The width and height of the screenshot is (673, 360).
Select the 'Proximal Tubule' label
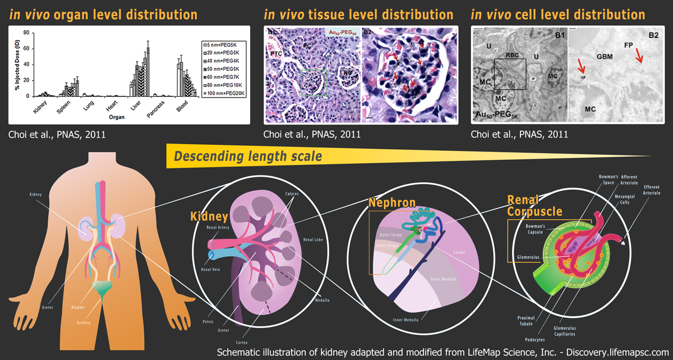[526, 320]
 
